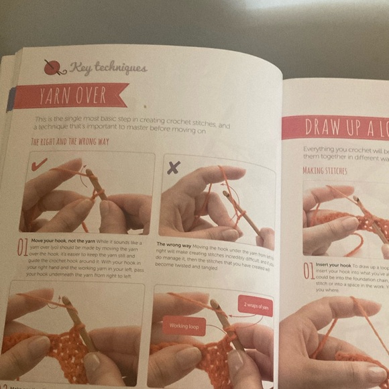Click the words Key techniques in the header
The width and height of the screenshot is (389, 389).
coord(107,67)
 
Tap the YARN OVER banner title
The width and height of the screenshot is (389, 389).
coord(70,95)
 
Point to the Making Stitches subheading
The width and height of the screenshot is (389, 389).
coord(325,171)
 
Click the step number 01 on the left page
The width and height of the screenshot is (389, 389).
coord(23,247)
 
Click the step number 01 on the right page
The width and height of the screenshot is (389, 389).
coord(308,270)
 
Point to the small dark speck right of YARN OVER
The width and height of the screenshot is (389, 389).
coord(144,105)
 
